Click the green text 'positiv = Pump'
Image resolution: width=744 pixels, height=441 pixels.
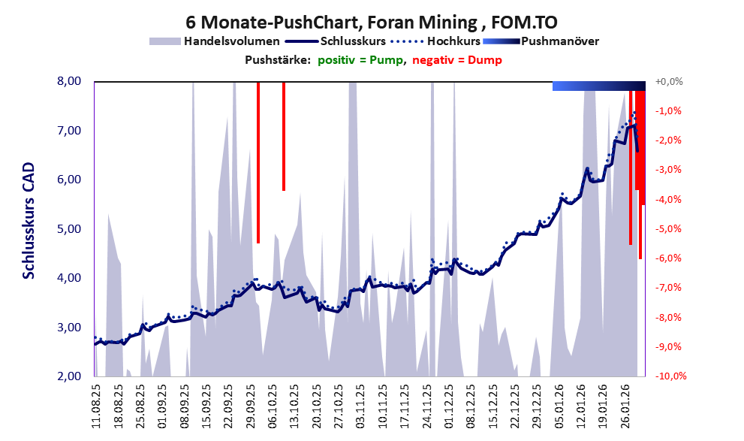(x=360, y=60)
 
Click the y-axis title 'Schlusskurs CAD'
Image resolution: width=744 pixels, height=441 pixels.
(x=29, y=223)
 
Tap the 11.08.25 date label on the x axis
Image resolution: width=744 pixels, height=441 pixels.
(x=96, y=405)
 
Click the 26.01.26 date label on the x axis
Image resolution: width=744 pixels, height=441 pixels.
(x=625, y=405)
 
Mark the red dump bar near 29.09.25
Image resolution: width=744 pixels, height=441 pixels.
(x=258, y=162)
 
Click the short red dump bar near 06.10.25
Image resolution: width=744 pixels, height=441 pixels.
(x=284, y=135)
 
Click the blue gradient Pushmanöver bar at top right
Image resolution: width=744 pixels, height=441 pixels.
(x=598, y=86)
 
